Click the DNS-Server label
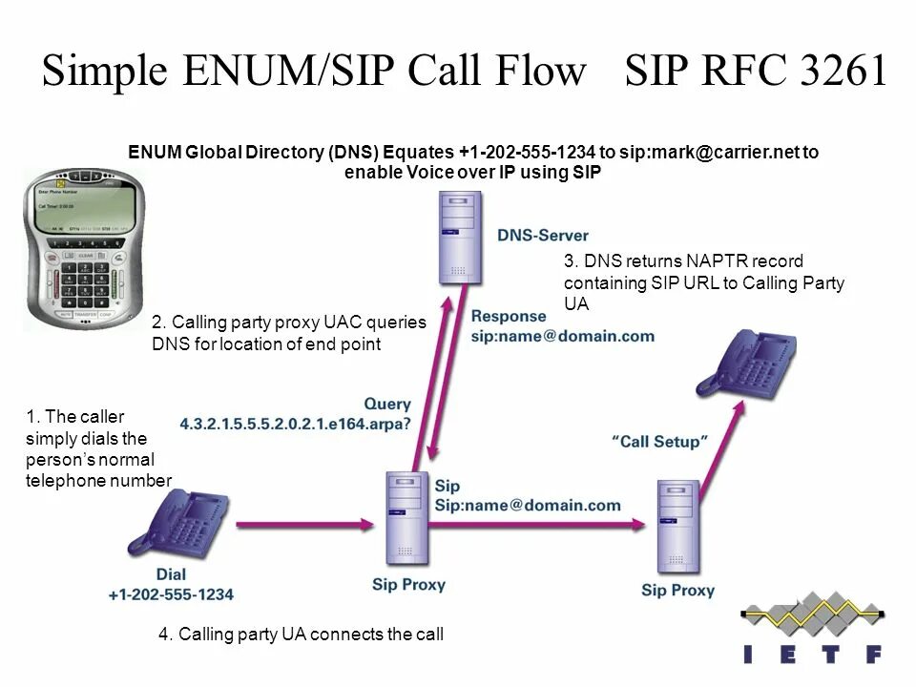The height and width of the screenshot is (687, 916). (x=542, y=235)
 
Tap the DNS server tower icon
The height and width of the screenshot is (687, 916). (x=460, y=238)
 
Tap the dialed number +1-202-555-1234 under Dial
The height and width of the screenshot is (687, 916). (x=171, y=593)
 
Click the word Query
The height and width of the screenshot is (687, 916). (x=387, y=404)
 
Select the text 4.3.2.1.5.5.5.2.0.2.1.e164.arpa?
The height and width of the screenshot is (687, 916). (x=297, y=422)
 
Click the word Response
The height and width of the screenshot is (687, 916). (x=509, y=316)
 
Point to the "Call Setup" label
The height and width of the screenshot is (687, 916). (x=658, y=442)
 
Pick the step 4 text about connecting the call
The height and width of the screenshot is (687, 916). (x=301, y=634)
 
